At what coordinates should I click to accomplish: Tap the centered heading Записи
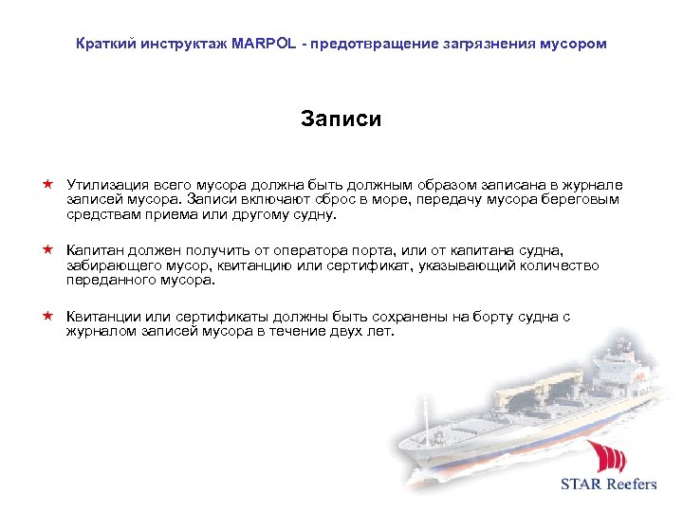coord(341,119)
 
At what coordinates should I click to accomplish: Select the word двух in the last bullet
coord(326,332)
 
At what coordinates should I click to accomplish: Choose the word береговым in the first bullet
coord(581,200)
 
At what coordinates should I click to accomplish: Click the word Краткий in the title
coord(106,45)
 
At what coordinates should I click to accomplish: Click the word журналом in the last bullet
coord(100,332)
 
